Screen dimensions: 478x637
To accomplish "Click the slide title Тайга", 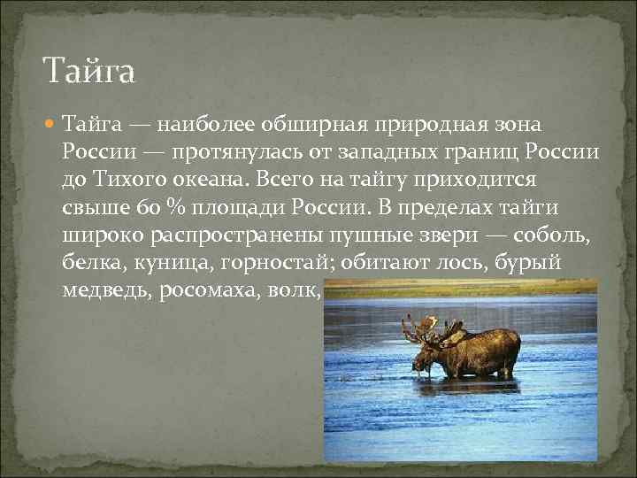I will coord(89,70).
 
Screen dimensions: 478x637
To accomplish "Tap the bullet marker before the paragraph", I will coord(50,124).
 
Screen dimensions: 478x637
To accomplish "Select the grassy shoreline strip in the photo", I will coord(460,288).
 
